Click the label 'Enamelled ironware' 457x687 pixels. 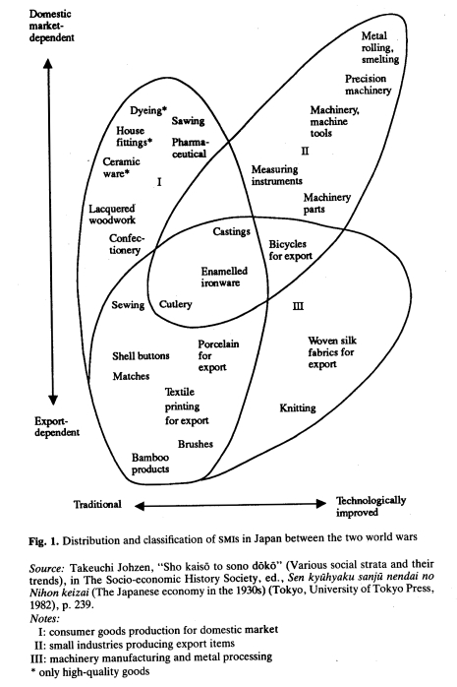(x=224, y=277)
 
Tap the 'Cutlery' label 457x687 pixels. (x=175, y=304)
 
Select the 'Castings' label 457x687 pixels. (x=231, y=231)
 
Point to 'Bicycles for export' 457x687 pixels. (x=290, y=250)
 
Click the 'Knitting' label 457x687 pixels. (x=298, y=407)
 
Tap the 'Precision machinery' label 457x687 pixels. (x=368, y=85)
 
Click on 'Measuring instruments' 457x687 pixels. (x=276, y=175)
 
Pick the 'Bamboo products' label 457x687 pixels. (x=150, y=464)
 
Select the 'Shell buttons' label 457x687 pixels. (x=141, y=355)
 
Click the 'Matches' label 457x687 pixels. (x=131, y=376)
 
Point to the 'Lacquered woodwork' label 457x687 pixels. (x=112, y=215)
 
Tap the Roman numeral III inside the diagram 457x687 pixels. (x=298, y=306)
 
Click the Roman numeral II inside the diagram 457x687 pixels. (x=305, y=151)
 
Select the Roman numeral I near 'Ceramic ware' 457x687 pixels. (x=159, y=181)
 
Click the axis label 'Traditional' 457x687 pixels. (x=97, y=504)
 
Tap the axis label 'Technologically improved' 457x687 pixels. (x=371, y=506)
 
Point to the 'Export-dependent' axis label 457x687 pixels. (x=57, y=427)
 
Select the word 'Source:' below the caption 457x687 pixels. (x=47, y=568)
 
